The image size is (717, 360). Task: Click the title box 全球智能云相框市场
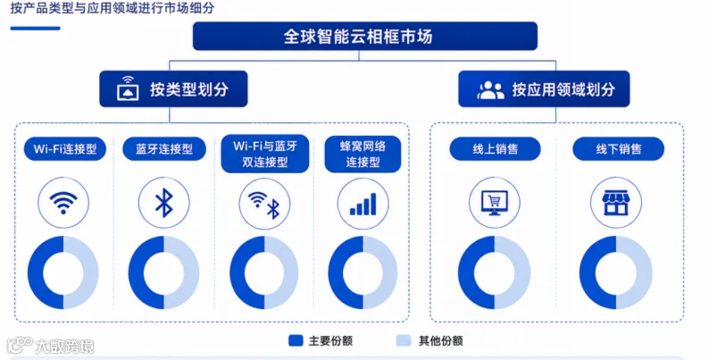(x=365, y=36)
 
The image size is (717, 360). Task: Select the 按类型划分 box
(x=173, y=89)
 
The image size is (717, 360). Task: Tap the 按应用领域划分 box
(x=544, y=89)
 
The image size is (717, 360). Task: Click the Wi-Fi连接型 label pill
(x=65, y=149)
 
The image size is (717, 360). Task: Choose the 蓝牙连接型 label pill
(x=164, y=149)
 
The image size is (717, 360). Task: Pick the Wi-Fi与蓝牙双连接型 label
(x=265, y=154)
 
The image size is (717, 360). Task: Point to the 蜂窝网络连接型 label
(x=363, y=154)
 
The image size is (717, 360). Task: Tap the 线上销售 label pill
(x=496, y=149)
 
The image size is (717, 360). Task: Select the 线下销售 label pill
(x=618, y=149)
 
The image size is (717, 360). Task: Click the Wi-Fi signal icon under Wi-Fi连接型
(x=63, y=203)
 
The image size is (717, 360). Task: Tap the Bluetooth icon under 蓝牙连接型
(x=164, y=203)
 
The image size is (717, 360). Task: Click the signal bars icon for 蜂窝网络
(x=363, y=204)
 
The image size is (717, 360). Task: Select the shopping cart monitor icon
(x=495, y=203)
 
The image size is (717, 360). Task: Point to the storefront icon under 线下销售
(x=616, y=203)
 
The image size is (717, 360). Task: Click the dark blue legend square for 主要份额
(x=296, y=340)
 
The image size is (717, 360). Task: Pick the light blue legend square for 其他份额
(x=404, y=340)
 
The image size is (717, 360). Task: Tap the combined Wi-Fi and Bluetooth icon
(x=263, y=204)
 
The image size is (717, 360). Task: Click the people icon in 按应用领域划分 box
(x=491, y=89)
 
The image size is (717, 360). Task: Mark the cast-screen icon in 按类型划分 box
(x=128, y=88)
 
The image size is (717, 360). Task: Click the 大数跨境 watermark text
(x=64, y=347)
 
